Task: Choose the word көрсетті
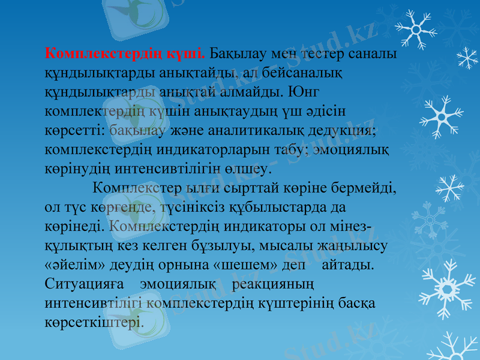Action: click(x=76, y=130)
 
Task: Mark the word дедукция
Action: click(x=340, y=130)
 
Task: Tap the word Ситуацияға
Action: click(x=83, y=284)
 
